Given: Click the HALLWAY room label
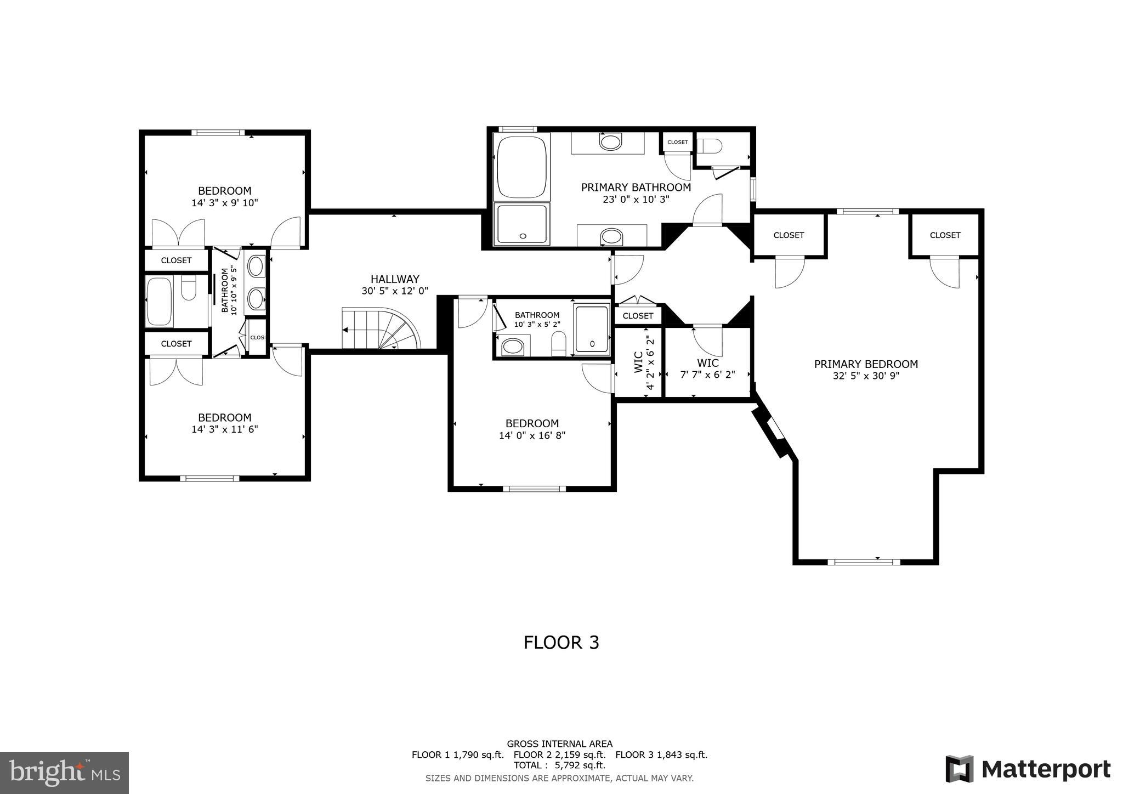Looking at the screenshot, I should click(x=394, y=279).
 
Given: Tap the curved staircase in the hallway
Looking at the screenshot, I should click(x=381, y=329).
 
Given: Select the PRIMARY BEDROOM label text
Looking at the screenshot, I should click(x=866, y=364).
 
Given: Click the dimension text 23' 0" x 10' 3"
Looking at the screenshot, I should click(x=636, y=200).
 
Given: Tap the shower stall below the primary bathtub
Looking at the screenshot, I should click(x=521, y=224).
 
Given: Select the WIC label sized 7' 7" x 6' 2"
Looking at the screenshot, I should click(x=707, y=363).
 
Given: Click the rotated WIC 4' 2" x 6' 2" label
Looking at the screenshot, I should click(x=638, y=362).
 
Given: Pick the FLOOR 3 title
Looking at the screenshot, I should click(x=561, y=642).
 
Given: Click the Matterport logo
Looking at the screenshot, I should click(x=1028, y=769).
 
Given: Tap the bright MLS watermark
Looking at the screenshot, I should click(x=64, y=773).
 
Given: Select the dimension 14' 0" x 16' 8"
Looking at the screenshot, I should click(x=532, y=435).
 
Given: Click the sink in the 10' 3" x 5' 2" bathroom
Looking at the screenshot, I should click(x=513, y=347).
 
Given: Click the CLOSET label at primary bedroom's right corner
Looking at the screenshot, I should click(x=945, y=235).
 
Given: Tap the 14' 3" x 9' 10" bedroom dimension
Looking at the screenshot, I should click(x=224, y=202).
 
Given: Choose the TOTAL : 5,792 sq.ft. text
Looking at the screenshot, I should click(x=559, y=765).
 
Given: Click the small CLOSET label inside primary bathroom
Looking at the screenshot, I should click(x=677, y=142).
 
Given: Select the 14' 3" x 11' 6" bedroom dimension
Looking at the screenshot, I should click(x=224, y=429).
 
